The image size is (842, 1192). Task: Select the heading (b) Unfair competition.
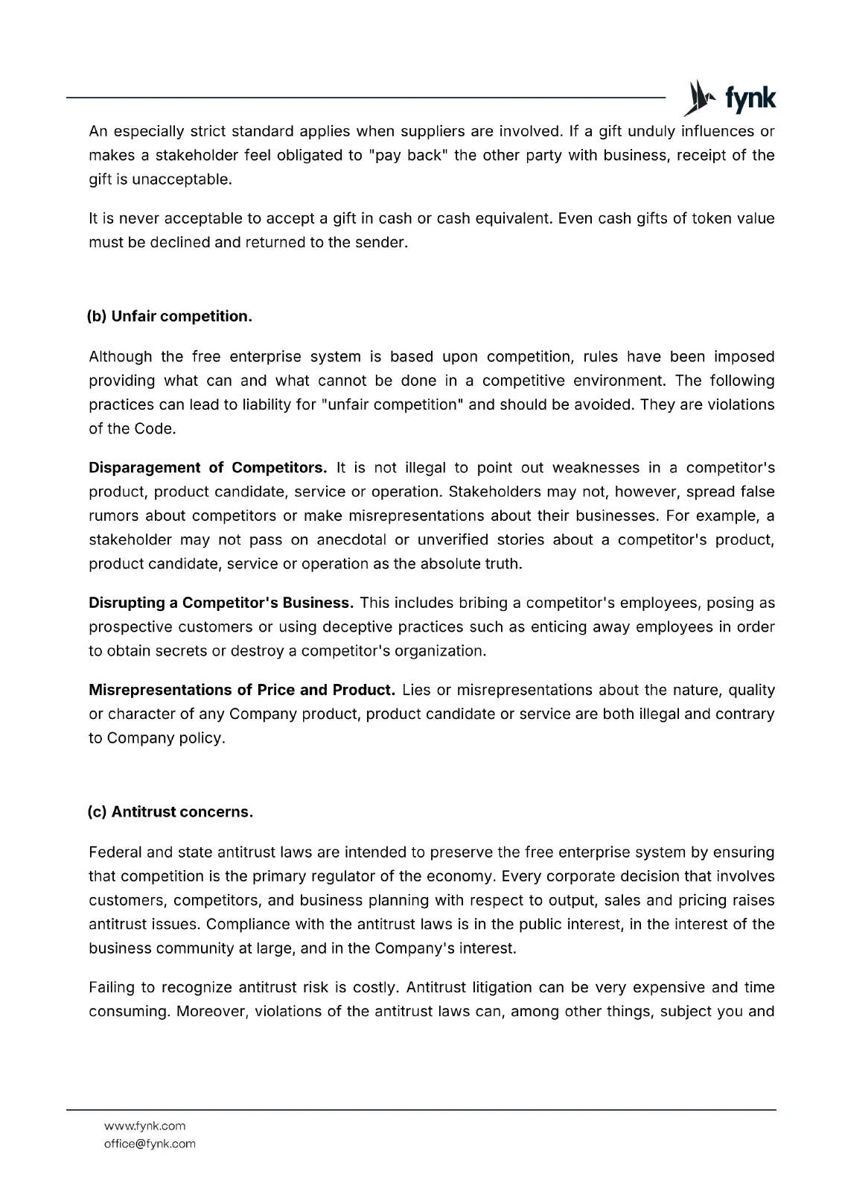tap(170, 316)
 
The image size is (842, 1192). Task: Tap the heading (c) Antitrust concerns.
tap(170, 811)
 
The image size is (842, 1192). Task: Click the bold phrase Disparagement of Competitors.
tap(208, 467)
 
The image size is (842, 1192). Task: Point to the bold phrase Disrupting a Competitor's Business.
tap(220, 602)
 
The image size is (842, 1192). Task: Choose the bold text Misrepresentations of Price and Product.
tap(241, 689)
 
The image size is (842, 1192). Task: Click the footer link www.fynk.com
tap(144, 1126)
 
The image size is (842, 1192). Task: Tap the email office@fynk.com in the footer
tap(150, 1144)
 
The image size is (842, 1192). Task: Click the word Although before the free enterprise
tap(120, 356)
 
